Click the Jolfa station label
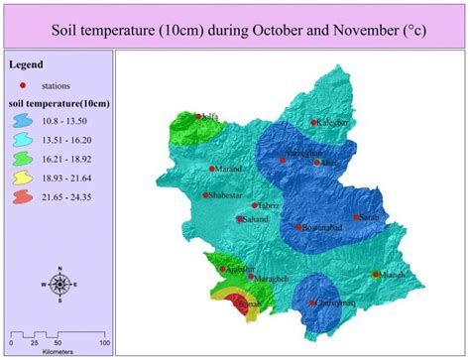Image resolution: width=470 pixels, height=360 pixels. [208, 117]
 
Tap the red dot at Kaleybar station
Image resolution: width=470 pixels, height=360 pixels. [314, 122]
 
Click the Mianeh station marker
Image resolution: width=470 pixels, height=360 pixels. [376, 274]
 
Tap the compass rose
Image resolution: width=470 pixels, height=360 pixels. [59, 285]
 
